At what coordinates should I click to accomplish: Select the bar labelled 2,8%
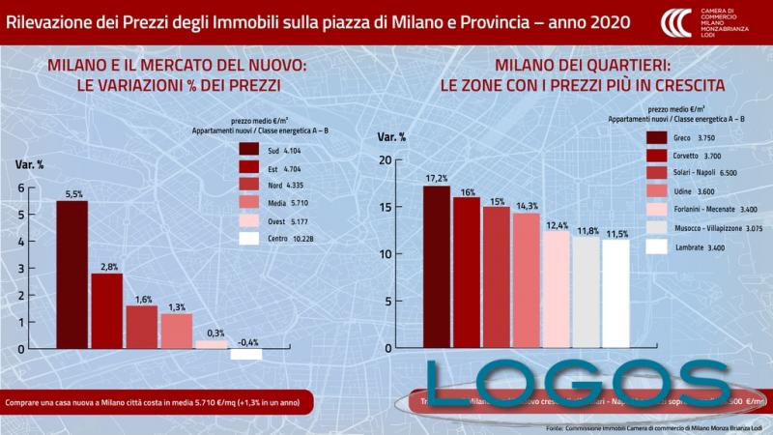(x=106, y=310)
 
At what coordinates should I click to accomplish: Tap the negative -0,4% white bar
(x=246, y=354)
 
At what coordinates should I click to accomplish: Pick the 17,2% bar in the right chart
(x=437, y=266)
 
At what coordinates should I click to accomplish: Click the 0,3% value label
(x=215, y=333)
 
